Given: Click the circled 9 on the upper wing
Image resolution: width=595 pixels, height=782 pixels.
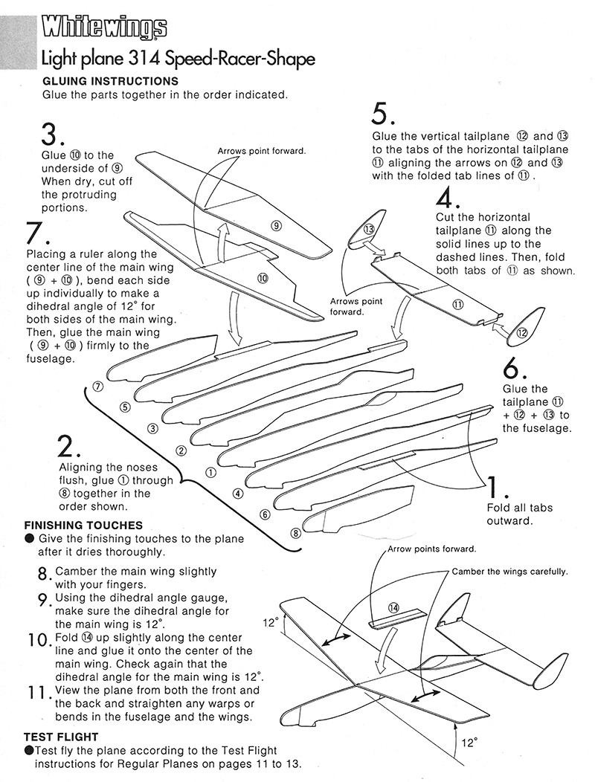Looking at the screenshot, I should (x=275, y=226).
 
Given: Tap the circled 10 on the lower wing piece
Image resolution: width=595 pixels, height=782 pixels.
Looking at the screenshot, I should (x=262, y=277).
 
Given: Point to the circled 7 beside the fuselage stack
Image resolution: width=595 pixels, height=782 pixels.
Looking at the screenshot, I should (x=97, y=387).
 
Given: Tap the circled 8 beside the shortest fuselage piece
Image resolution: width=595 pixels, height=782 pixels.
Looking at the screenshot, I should (x=295, y=532).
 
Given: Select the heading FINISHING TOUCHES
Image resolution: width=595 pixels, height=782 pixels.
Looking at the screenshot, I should (x=83, y=525).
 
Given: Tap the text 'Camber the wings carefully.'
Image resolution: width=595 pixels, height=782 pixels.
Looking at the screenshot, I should (x=509, y=572).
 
